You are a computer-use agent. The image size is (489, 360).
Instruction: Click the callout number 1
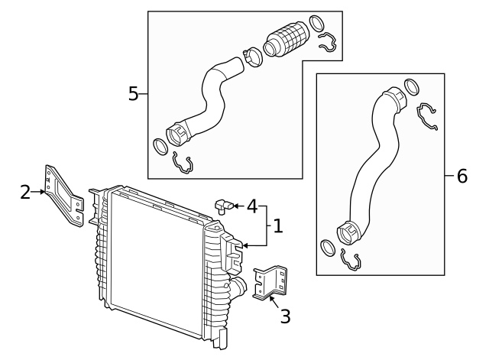click(x=278, y=226)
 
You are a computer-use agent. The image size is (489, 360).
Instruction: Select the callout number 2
click(x=25, y=192)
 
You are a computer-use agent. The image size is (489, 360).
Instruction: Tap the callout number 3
click(x=285, y=316)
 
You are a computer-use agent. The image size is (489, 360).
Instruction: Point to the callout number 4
click(x=251, y=206)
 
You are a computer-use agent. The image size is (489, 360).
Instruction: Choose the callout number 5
click(x=134, y=94)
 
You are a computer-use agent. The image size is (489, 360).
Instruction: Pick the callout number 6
click(x=461, y=176)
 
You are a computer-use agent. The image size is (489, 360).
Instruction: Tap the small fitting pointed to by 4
click(x=222, y=204)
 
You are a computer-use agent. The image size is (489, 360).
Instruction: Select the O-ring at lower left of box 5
click(x=160, y=145)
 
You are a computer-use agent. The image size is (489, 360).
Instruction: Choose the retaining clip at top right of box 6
click(x=426, y=115)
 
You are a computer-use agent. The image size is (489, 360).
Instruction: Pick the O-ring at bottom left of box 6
click(x=326, y=248)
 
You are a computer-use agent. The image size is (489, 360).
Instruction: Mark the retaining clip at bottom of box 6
click(x=351, y=260)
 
